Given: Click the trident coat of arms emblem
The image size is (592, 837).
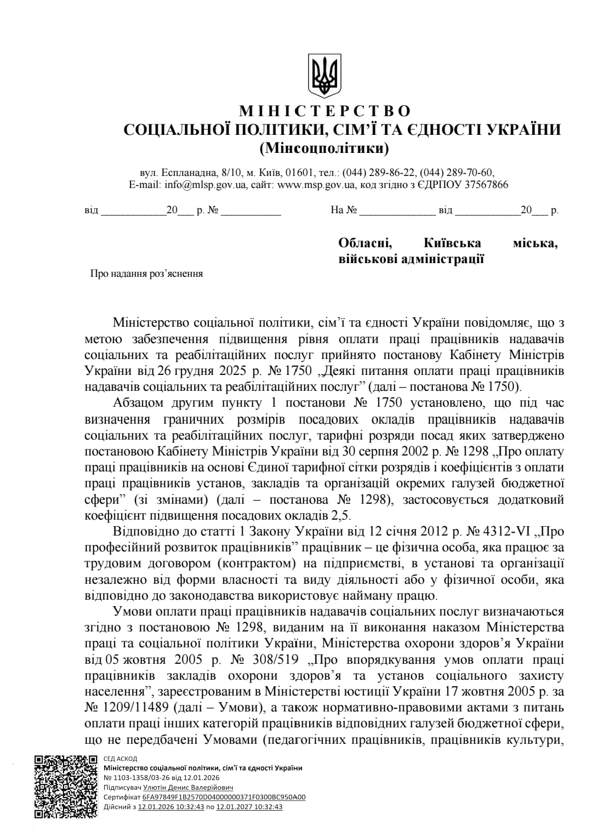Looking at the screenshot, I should tap(324, 75).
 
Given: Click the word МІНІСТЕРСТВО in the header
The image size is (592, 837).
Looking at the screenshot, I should tap(325, 111).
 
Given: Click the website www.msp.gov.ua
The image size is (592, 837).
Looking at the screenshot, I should tap(316, 185).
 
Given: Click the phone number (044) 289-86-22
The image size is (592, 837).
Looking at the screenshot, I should tap(379, 172).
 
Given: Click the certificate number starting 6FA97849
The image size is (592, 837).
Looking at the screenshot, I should tap(224, 797).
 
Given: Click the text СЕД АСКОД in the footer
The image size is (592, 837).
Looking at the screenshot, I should tap(120, 759).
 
